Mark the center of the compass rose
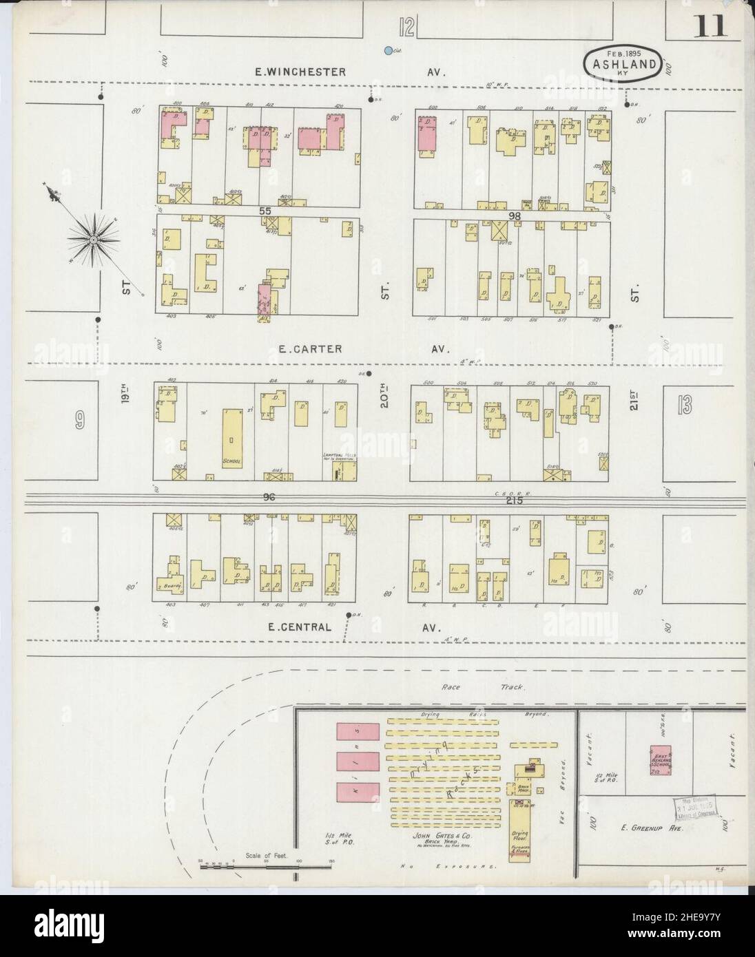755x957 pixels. click(92, 239)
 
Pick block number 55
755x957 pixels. click(265, 211)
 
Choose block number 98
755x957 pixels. click(513, 215)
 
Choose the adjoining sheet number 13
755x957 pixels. click(684, 406)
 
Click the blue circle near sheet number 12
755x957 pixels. click(389, 50)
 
